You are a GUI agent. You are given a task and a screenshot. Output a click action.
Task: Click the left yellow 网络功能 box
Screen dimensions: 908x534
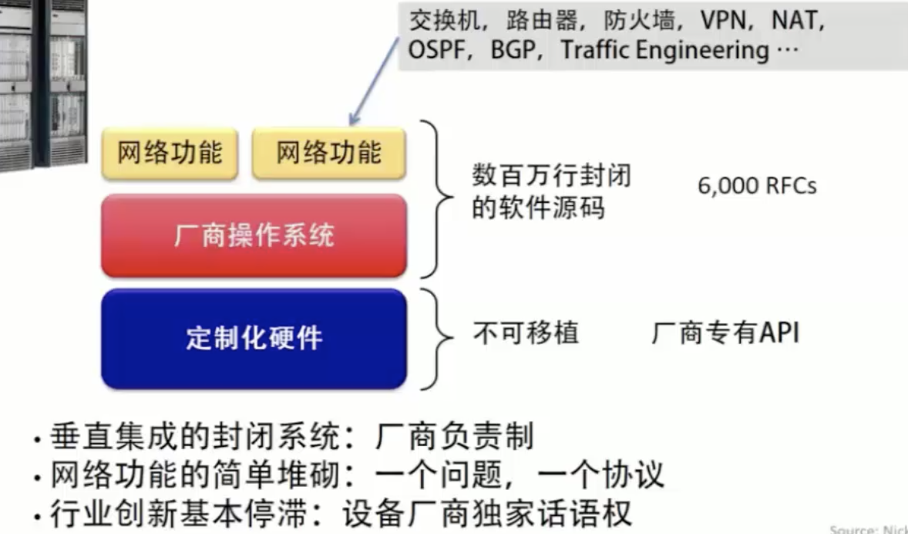170,153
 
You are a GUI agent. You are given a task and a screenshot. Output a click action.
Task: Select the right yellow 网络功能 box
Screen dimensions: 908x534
329,153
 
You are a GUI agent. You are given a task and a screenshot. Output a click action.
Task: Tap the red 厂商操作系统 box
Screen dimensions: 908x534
254,235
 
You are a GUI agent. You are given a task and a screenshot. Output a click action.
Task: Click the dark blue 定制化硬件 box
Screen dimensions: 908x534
254,338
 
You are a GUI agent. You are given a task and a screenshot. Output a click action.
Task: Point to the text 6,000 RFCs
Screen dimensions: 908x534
756,186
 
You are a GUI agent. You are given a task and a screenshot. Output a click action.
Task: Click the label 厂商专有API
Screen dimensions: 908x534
725,333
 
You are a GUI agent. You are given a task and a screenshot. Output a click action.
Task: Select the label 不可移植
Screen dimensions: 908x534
525,333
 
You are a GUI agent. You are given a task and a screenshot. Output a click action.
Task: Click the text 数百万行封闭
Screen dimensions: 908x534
551,177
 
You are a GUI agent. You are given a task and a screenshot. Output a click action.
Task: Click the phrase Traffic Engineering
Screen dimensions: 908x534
664,51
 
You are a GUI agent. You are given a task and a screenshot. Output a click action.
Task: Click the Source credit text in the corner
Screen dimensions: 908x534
868,529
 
